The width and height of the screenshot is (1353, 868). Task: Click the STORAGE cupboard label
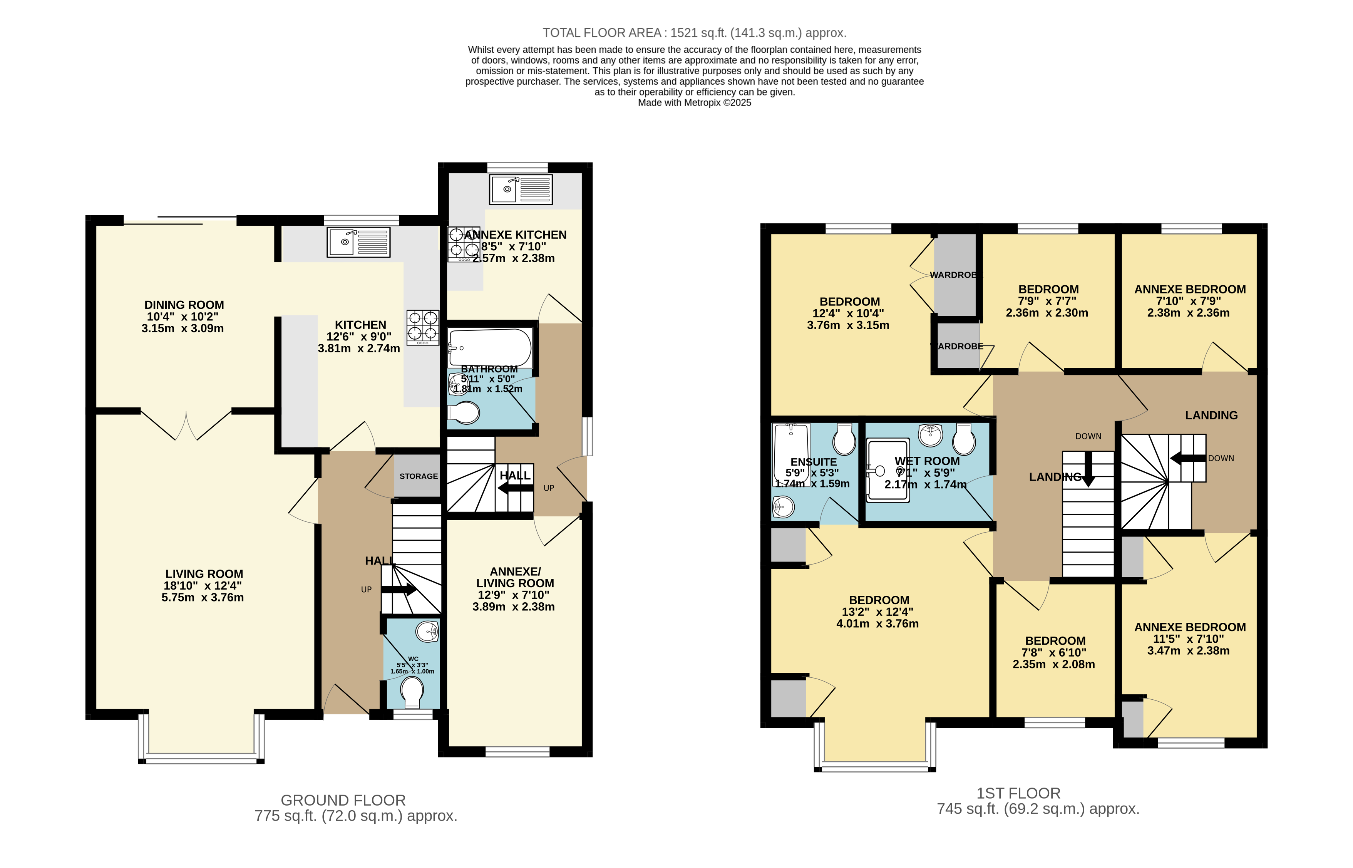click(418, 476)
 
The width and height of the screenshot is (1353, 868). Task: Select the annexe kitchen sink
click(520, 189)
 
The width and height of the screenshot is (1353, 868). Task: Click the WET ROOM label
click(927, 461)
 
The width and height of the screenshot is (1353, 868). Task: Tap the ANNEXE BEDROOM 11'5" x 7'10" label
click(1190, 627)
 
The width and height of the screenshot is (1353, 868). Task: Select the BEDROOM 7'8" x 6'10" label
click(1055, 641)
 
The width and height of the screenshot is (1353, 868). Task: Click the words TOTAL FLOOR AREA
click(602, 33)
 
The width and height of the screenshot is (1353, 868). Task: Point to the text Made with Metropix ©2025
click(694, 102)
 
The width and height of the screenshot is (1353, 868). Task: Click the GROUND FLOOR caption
click(343, 800)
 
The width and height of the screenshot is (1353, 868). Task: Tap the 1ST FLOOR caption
click(1018, 793)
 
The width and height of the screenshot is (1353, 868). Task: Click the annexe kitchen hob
click(463, 244)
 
